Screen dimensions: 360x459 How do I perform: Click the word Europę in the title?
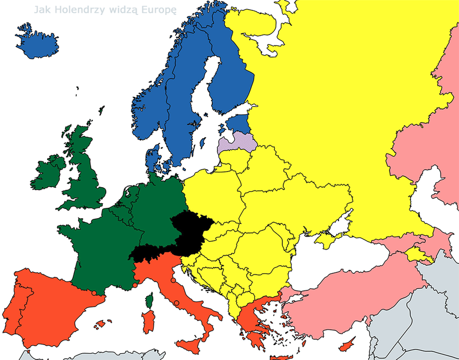(157, 10)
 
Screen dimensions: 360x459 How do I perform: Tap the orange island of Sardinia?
(148, 322)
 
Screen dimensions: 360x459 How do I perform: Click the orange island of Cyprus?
(346, 346)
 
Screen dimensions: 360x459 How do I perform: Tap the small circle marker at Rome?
(177, 303)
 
